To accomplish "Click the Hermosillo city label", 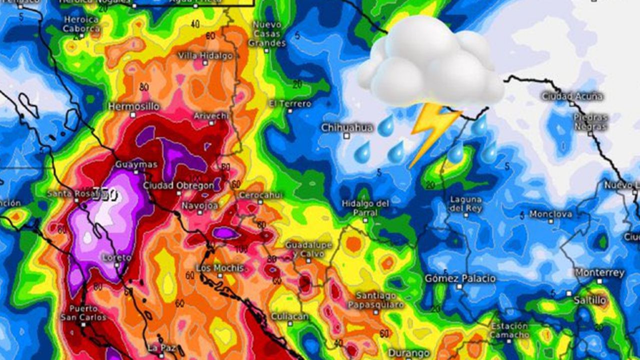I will tap(134, 106).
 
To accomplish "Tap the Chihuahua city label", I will tap(347, 127).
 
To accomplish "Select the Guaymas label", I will tap(136, 164).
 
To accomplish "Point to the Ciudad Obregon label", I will tap(178, 185).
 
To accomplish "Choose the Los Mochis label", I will tap(220, 268).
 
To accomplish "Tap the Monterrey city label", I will tap(599, 272).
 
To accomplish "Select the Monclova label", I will tap(550, 214).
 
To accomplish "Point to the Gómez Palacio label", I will tap(460, 278).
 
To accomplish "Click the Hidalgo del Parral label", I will tap(365, 208).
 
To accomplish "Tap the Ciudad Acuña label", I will tap(572, 96).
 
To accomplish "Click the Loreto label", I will tap(116, 258).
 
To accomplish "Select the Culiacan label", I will tap(289, 316).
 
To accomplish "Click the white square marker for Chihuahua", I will tap(346, 136).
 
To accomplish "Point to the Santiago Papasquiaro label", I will tap(375, 300).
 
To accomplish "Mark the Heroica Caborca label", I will tap(81, 24).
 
